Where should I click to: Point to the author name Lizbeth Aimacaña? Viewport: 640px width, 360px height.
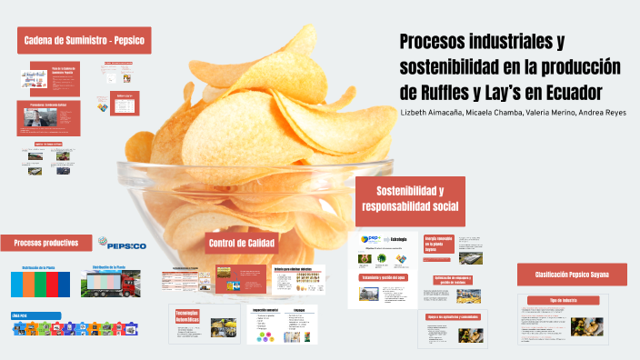(x=431, y=113)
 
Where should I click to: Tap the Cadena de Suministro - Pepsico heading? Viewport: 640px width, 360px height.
(x=84, y=40)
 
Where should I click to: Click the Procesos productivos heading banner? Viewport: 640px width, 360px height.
(x=45, y=243)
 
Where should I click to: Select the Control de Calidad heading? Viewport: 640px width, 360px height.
(x=241, y=243)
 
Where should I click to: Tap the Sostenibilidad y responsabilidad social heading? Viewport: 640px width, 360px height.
(x=409, y=199)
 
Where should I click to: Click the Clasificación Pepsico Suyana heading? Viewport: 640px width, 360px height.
(x=572, y=274)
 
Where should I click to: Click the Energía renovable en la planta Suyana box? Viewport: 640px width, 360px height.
(x=438, y=244)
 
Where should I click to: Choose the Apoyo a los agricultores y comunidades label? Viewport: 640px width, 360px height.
(x=453, y=316)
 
